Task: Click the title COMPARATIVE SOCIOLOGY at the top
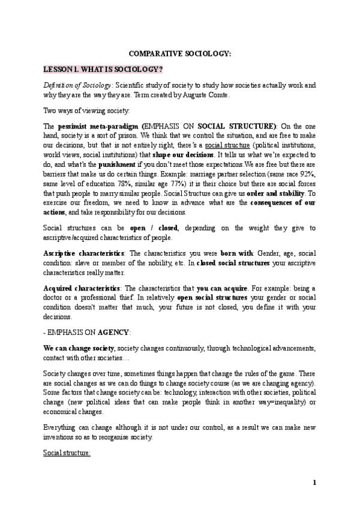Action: coord(179,54)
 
